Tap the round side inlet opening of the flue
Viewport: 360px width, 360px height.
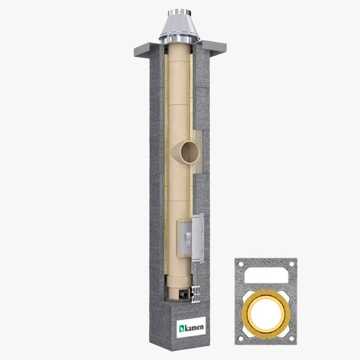189,152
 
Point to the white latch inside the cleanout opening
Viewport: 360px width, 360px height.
188,239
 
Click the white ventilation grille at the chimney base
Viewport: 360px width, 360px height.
196,294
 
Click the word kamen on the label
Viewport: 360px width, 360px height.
194,327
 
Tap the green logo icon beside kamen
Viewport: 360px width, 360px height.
182,328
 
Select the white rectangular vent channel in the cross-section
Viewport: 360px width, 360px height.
266,275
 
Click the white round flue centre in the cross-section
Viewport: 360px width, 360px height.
266,314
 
